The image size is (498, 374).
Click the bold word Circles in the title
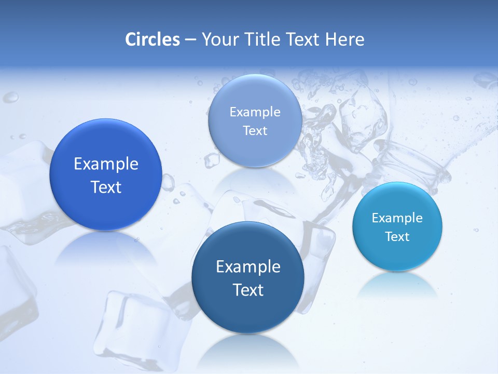click(x=152, y=39)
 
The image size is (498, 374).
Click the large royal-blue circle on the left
click(x=106, y=175)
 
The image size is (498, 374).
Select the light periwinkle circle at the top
click(x=255, y=121)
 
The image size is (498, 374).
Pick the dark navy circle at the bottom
click(x=248, y=277)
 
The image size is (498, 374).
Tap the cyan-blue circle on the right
click(x=397, y=226)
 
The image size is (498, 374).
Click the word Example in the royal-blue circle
click(x=106, y=164)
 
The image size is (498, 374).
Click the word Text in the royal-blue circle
click(x=106, y=187)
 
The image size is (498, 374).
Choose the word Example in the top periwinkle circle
click(x=255, y=112)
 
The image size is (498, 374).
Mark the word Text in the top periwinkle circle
click(x=255, y=131)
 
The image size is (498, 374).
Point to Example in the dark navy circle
click(x=248, y=267)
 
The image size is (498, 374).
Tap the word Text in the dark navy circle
click(x=248, y=290)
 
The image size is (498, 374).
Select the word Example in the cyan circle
click(x=397, y=218)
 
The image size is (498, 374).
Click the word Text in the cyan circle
click(x=397, y=237)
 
